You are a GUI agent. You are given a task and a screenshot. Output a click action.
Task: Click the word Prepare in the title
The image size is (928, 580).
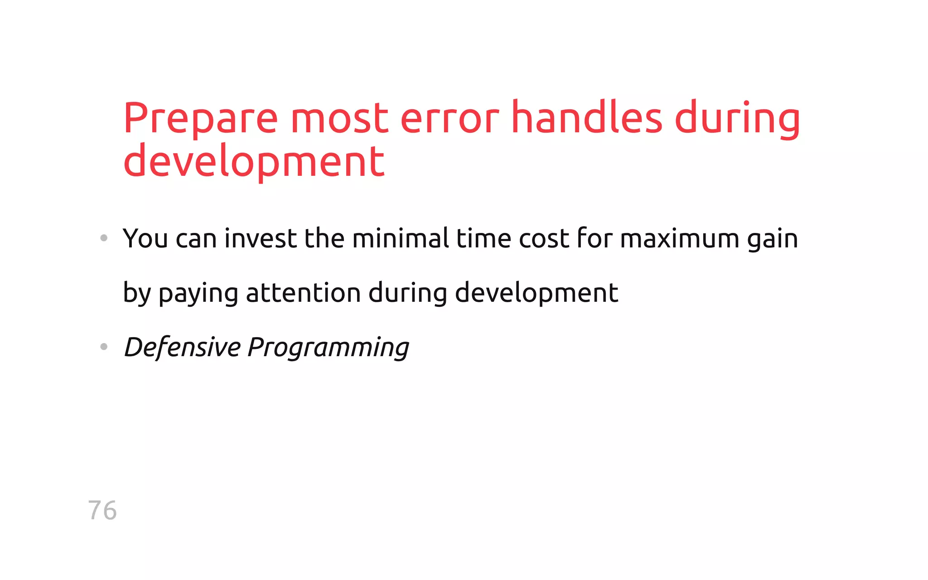[x=200, y=119]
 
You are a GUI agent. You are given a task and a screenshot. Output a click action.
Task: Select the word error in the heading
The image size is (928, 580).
[x=449, y=119]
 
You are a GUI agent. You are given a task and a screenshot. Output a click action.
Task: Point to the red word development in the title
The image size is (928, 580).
[x=254, y=162]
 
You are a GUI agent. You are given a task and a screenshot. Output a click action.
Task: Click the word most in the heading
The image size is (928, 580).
[x=339, y=119]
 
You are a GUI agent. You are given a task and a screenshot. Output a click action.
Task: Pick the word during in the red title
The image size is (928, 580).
[x=737, y=119]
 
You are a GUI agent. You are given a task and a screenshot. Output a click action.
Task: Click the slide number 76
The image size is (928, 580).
[x=102, y=511]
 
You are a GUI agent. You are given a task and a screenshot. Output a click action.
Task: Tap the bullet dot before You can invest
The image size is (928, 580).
[x=104, y=238]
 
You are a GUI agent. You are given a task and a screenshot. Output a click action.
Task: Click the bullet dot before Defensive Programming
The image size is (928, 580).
[x=104, y=347]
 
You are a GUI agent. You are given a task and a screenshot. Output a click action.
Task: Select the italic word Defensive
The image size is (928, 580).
[x=182, y=348]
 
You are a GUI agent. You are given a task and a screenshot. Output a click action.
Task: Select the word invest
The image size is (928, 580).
[x=261, y=238]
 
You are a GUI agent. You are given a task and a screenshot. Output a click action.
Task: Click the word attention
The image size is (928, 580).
[x=303, y=293]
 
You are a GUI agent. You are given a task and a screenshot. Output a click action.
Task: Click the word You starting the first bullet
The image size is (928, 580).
[x=145, y=238]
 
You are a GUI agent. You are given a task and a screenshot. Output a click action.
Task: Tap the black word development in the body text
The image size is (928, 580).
[x=536, y=293]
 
